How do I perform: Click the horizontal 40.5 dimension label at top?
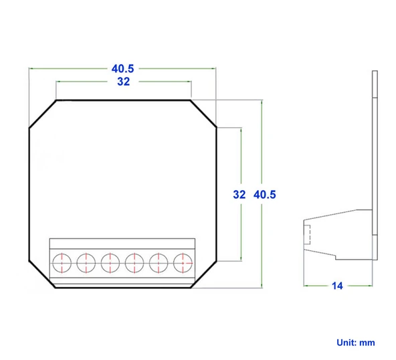click(122, 69)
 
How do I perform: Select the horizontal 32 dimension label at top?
click(124, 82)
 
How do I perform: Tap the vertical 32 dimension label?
click(239, 195)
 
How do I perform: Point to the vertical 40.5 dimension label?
click(265, 195)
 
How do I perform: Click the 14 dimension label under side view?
click(337, 286)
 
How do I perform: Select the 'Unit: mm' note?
click(356, 343)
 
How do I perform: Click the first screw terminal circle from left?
click(62, 263)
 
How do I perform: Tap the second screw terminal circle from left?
click(86, 263)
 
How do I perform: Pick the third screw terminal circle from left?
click(110, 263)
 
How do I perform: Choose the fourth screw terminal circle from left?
click(134, 263)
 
